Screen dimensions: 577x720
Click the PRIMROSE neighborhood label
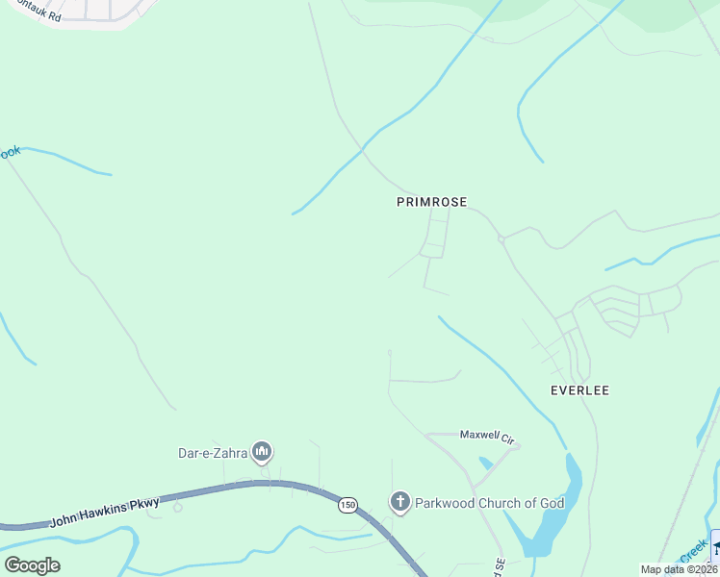click(x=431, y=202)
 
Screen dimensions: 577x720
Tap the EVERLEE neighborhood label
click(x=579, y=390)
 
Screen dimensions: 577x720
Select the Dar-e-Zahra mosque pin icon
click(x=262, y=451)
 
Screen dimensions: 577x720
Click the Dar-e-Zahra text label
click(x=213, y=452)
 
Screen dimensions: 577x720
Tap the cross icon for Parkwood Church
click(x=399, y=501)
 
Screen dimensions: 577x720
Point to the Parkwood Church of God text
click(x=475, y=502)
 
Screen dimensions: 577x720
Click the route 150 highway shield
click(x=347, y=505)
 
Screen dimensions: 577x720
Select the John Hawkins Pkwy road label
click(x=104, y=512)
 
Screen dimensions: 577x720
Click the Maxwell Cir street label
click(x=487, y=436)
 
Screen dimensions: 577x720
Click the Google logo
click(x=32, y=565)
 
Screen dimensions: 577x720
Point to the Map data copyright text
click(x=679, y=569)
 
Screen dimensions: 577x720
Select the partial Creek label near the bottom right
click(x=693, y=554)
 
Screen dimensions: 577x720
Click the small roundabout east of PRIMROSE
click(x=501, y=238)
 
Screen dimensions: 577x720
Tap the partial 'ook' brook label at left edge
click(x=10, y=152)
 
